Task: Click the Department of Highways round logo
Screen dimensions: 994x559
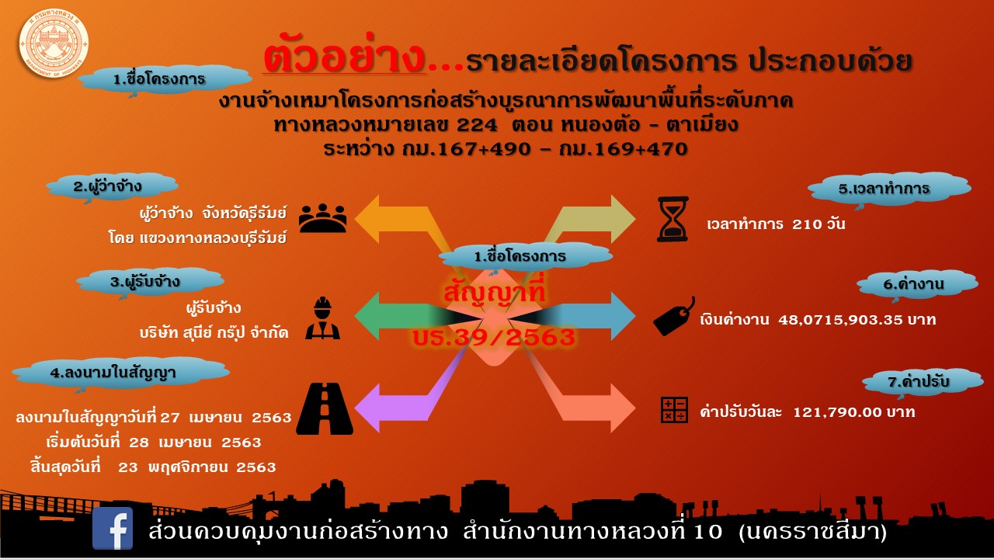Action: coord(54,43)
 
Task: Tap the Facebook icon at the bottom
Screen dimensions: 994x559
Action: coord(113,528)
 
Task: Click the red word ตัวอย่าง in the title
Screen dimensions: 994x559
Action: coord(344,57)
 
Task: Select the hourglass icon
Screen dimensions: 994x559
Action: coord(673,219)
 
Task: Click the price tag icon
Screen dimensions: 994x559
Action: coord(673,316)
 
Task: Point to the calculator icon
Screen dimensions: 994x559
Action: coord(674,409)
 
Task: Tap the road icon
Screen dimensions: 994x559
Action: coord(325,408)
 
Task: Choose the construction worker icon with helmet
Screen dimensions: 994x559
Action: coord(322,318)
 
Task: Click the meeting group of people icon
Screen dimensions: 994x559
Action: coord(322,218)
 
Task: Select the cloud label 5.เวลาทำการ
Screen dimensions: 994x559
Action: coord(889,189)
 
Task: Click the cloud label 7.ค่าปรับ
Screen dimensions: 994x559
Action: coord(921,382)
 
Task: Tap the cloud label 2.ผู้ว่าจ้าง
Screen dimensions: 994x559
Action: coord(112,187)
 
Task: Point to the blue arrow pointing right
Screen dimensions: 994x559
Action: coord(577,316)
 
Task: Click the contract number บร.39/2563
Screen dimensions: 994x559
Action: coord(494,337)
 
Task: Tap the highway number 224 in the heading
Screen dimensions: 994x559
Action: coord(477,126)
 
